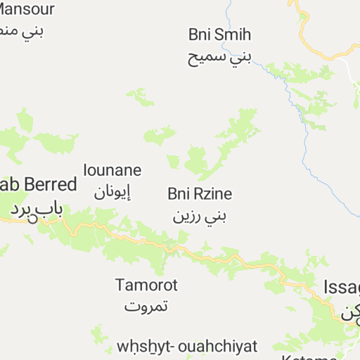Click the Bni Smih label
point(219,34)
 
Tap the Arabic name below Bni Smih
point(219,56)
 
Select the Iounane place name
point(112,170)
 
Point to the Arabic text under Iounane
point(112,191)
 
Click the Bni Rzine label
point(200,193)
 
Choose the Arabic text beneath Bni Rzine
point(200,214)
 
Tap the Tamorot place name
point(146,285)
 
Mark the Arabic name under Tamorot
point(146,307)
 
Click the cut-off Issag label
point(342,287)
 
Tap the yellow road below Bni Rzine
point(211,252)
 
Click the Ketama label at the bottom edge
point(313,357)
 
